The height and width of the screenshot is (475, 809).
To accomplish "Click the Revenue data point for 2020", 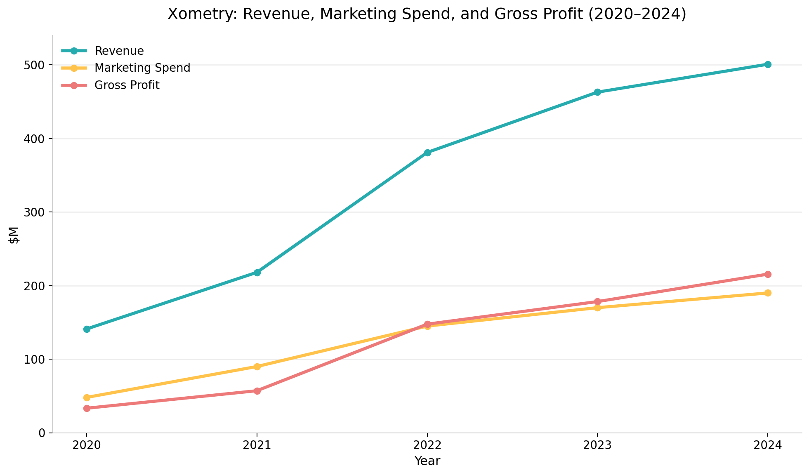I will (87, 329).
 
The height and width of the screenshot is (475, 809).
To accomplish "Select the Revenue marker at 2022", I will (427, 153).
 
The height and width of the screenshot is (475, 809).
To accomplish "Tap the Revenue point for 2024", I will (768, 64).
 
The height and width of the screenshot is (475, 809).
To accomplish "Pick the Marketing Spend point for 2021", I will (257, 367).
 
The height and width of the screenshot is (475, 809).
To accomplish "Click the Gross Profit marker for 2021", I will (257, 391).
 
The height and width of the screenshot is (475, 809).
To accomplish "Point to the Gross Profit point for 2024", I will (768, 274).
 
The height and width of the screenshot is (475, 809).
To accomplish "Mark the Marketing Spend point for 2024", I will (768, 293).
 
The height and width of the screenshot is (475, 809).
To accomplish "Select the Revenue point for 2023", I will (597, 92).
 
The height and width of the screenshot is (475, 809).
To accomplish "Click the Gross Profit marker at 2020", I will (87, 408).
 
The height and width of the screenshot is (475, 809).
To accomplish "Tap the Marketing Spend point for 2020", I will (87, 397).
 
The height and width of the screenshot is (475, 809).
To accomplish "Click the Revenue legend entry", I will (119, 51).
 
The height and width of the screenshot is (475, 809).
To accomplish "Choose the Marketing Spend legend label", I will (142, 68).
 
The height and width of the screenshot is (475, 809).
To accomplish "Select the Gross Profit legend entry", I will (127, 85).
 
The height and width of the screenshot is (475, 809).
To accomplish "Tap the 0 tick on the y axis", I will (41, 433).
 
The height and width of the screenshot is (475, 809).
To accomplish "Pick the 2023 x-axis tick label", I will (597, 446).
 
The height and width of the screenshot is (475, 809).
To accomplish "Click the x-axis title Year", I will (427, 461).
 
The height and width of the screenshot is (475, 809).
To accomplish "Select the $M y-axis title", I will (14, 234).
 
